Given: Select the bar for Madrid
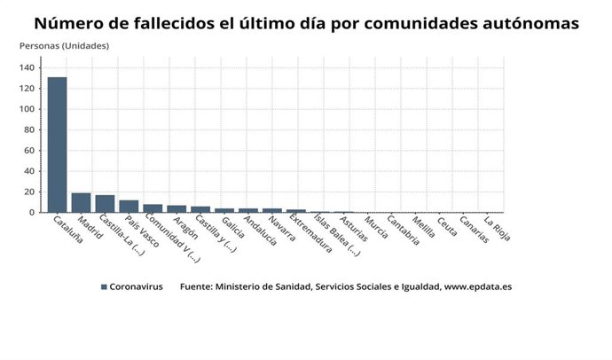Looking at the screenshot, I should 81,203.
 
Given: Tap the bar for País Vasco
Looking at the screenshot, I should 129,207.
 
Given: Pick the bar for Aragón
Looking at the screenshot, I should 177,209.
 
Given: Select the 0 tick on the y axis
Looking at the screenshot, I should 33,213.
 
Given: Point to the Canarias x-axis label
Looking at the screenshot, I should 473,230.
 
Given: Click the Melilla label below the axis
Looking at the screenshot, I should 424,229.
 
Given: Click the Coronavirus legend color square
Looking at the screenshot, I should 104,287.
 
